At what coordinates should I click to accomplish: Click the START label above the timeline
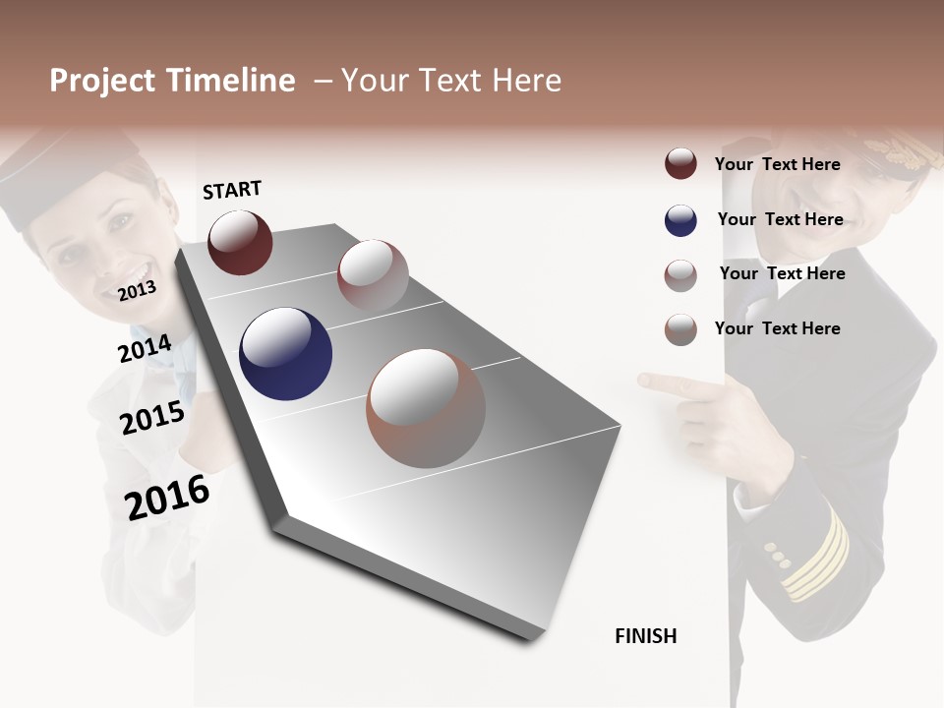232,190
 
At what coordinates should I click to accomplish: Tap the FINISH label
646,636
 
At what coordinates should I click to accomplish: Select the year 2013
137,290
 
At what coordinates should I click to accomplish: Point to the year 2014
145,349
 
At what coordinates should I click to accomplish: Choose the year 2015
152,419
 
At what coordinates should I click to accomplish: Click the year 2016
167,497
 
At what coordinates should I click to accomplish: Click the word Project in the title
101,81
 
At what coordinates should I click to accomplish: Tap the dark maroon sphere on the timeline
240,242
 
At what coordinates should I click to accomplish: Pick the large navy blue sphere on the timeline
285,354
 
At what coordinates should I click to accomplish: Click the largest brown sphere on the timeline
426,408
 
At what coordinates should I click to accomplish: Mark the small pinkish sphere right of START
373,274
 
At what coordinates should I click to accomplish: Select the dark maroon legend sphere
680,164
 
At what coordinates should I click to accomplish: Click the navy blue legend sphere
680,220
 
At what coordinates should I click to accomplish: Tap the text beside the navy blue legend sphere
780,219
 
